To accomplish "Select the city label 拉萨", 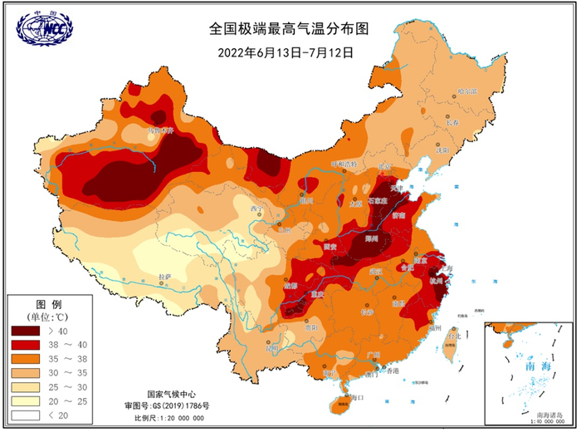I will click(164, 276).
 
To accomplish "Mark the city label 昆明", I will click(270, 349).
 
